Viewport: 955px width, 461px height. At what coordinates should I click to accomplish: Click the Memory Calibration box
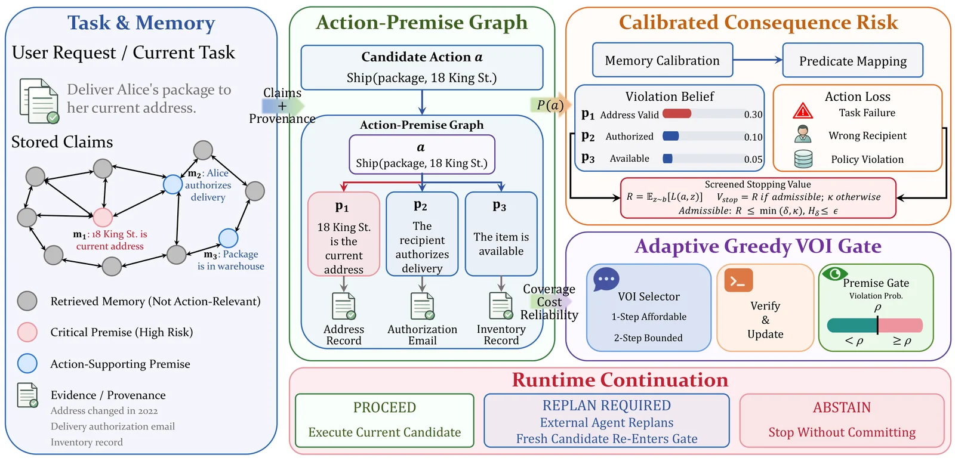(662, 60)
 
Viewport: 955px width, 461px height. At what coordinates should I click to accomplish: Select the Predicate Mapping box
(853, 60)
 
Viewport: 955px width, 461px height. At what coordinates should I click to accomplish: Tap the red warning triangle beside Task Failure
(803, 111)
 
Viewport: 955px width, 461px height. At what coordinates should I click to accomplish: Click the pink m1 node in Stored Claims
(103, 217)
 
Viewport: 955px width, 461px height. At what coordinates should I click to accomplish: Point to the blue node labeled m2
(172, 184)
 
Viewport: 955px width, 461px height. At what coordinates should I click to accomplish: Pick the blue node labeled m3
(228, 238)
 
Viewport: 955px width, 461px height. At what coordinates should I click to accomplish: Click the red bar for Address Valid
(677, 114)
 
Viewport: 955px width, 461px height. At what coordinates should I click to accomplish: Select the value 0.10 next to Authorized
(753, 137)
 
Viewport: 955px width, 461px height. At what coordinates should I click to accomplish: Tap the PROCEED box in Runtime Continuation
(384, 420)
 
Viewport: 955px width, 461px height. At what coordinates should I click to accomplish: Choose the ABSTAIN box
(842, 420)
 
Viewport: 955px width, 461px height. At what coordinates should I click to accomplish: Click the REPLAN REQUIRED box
(606, 420)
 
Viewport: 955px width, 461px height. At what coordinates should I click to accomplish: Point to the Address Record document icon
(344, 306)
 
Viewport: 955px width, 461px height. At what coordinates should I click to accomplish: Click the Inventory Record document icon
(501, 306)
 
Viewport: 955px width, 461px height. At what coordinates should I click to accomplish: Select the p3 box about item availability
(501, 234)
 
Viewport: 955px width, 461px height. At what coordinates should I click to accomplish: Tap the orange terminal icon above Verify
(738, 280)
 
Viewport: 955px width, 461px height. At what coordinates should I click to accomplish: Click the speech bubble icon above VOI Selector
(606, 280)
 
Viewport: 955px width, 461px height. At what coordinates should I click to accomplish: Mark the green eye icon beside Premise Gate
(834, 274)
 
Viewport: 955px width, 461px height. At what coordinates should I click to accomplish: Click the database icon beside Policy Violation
(803, 159)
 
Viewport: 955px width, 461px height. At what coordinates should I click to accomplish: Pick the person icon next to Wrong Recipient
(803, 134)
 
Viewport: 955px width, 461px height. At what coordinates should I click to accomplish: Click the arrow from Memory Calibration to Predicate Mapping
(757, 60)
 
